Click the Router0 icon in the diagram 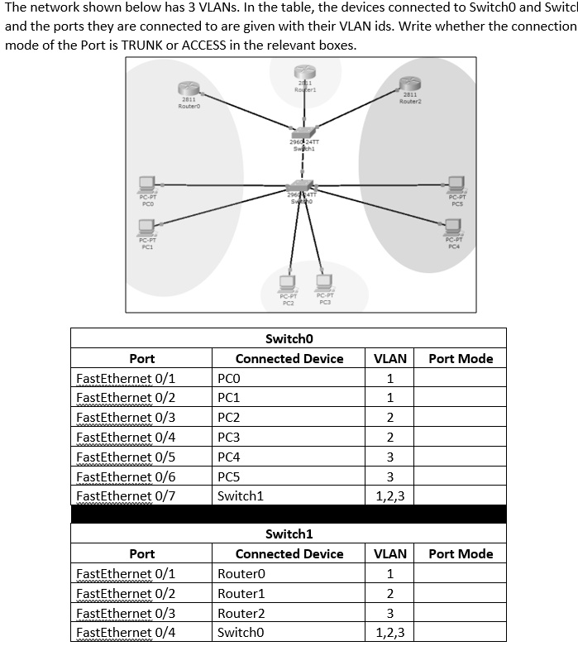(x=189, y=89)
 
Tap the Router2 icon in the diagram (x=410, y=83)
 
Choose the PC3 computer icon (x=324, y=280)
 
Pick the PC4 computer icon (x=453, y=226)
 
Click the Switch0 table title (x=289, y=338)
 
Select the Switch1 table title (x=289, y=534)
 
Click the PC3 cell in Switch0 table (x=229, y=437)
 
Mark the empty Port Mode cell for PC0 (x=460, y=378)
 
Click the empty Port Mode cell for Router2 (x=460, y=613)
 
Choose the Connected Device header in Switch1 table (x=289, y=553)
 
